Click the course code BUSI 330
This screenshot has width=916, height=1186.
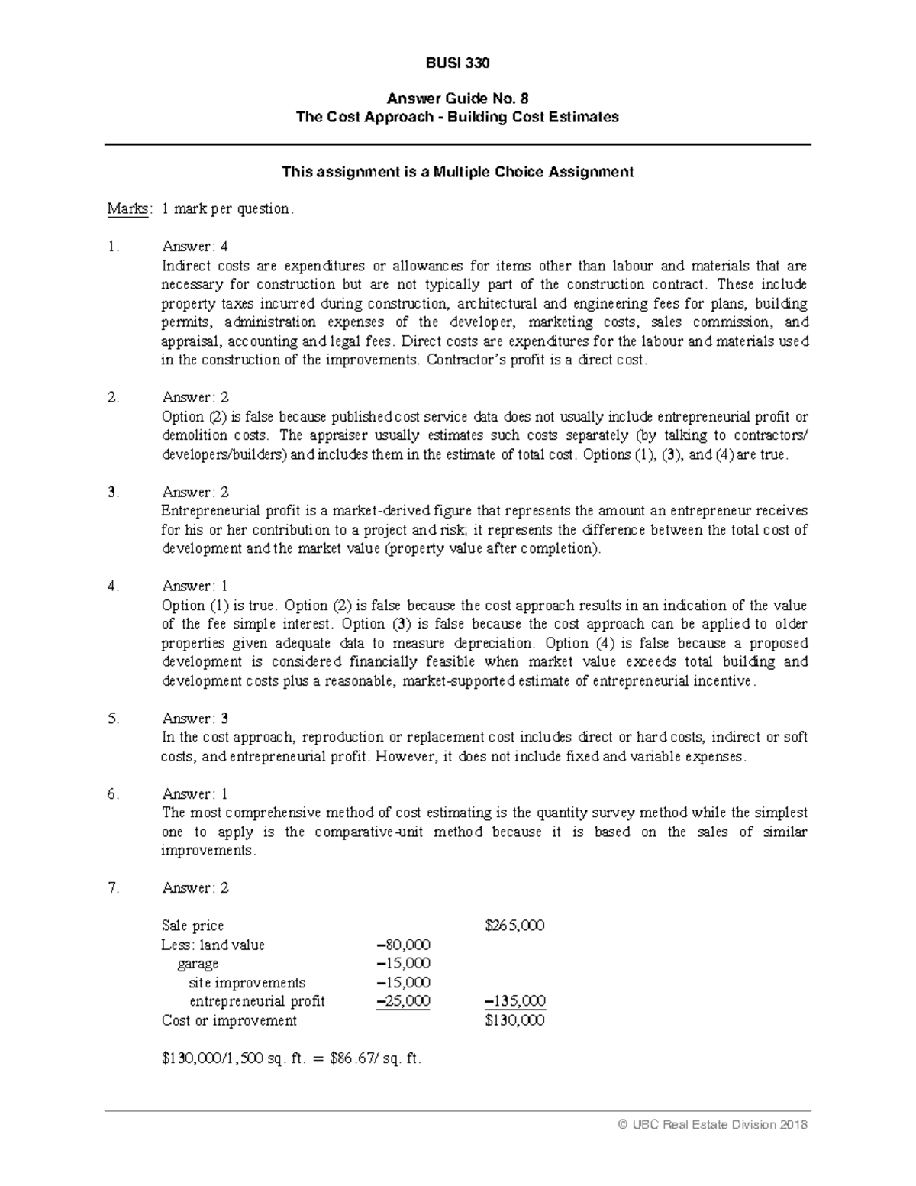click(x=457, y=63)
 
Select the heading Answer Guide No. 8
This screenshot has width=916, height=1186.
click(x=457, y=99)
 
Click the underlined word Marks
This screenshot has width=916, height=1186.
click(x=128, y=208)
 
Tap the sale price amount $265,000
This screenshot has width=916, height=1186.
click(x=514, y=926)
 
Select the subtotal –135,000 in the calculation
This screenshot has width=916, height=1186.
click(x=514, y=1001)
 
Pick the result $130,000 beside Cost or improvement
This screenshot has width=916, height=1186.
click(x=514, y=1020)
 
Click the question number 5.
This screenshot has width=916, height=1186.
click(x=113, y=719)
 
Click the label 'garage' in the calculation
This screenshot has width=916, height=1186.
click(x=198, y=964)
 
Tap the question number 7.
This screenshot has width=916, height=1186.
click(x=113, y=888)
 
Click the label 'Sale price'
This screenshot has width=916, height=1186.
click(x=192, y=926)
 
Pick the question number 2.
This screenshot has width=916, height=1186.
click(x=113, y=397)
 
